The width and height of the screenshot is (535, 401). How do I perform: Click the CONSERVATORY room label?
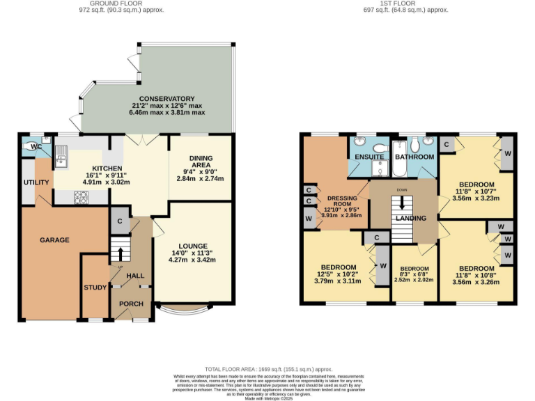(166, 99)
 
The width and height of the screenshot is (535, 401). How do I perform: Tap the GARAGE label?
(54, 240)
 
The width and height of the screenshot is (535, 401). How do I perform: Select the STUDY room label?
(94, 287)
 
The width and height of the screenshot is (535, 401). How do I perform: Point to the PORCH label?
(131, 304)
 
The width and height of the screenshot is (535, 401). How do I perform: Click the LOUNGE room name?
(192, 246)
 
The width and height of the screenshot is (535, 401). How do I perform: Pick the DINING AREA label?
(196, 164)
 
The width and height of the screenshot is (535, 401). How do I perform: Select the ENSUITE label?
(369, 157)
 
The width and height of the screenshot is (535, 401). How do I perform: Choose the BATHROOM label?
(414, 157)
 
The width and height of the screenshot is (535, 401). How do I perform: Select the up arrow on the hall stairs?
(120, 252)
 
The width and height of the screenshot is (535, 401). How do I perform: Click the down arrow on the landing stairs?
(402, 205)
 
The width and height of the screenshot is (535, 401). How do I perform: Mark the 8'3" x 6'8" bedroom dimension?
(414, 281)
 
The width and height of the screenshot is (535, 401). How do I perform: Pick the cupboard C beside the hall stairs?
(120, 221)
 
